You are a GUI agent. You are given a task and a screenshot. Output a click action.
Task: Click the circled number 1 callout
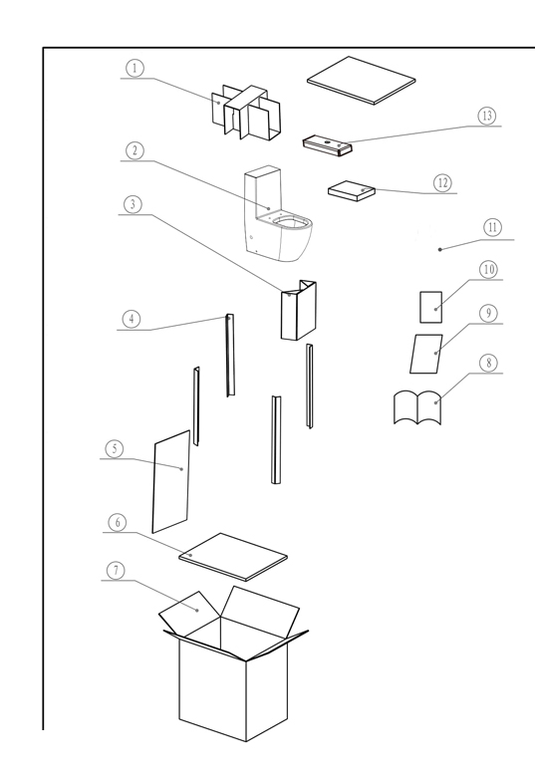pyautogui.click(x=134, y=68)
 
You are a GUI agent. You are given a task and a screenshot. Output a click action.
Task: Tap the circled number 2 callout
pyautogui.click(x=134, y=150)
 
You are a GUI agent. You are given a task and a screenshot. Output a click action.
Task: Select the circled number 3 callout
pyautogui.click(x=133, y=204)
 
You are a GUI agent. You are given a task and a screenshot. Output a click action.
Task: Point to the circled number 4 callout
pyautogui.click(x=132, y=319)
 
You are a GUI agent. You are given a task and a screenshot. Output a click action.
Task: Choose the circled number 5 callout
pyautogui.click(x=115, y=449)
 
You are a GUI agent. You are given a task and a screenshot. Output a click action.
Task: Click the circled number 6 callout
pyautogui.click(x=118, y=522)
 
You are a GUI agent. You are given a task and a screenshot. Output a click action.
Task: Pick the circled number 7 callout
pyautogui.click(x=116, y=570)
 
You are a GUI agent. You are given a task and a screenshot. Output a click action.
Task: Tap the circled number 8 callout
pyautogui.click(x=489, y=363)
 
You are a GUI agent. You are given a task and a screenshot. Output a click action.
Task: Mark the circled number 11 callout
pyautogui.click(x=492, y=227)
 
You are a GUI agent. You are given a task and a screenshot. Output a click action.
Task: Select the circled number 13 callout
pyautogui.click(x=487, y=116)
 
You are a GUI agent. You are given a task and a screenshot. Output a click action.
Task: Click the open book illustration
pyautogui.click(x=417, y=407)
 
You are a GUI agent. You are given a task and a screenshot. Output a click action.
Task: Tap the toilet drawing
pyautogui.click(x=278, y=214)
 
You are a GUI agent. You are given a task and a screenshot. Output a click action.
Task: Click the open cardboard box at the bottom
pyautogui.click(x=233, y=664)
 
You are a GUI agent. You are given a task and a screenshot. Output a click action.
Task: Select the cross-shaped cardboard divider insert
pyautogui.click(x=246, y=112)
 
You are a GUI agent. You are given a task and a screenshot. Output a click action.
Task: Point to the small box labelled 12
pyautogui.click(x=352, y=191)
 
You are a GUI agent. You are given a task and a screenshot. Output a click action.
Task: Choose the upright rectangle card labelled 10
pyautogui.click(x=431, y=307)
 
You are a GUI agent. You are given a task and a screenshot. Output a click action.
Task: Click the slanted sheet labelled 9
pyautogui.click(x=426, y=354)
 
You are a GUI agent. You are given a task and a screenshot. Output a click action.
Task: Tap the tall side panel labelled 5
pyautogui.click(x=171, y=482)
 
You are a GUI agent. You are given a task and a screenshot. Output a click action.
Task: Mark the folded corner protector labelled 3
pyautogui.click(x=298, y=310)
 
